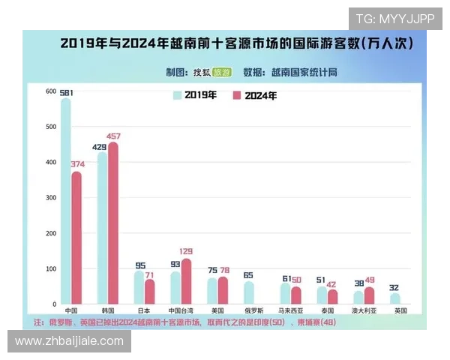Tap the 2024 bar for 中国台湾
186,281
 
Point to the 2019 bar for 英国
394,298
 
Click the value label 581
65,91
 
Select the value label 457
113,136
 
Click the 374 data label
77,164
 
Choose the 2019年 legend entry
195,95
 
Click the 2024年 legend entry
255,95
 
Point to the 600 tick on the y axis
51,91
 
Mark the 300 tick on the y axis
51,198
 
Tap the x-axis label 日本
144,310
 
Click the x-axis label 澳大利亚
364,310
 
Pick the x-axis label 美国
217,310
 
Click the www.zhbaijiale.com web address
69,341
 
